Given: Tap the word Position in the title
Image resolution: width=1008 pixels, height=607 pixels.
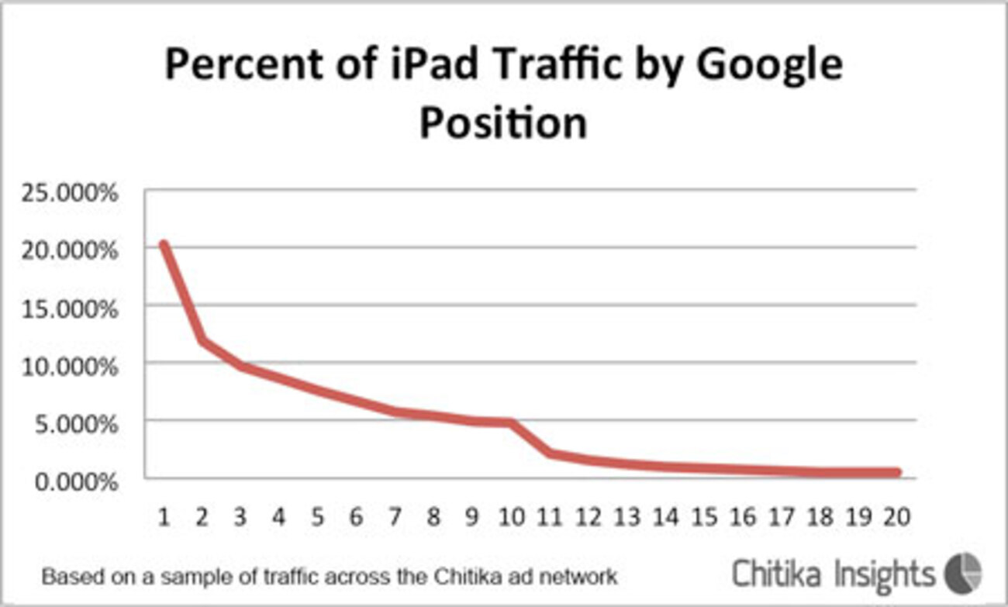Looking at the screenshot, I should pos(503,124).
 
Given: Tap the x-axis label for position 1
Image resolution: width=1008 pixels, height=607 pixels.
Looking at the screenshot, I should pos(164,516).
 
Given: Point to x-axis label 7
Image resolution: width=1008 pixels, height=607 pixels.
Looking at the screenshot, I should pos(395,516).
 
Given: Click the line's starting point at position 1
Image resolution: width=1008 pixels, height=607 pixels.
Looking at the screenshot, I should pos(164,245).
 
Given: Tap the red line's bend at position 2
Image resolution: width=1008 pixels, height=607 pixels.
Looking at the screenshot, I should pos(202,340).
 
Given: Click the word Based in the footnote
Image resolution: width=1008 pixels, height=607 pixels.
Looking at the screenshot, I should pos(64,578).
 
